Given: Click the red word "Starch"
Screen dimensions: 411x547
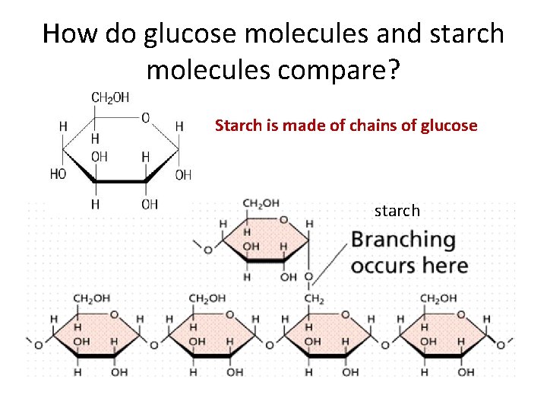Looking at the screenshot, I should pyautogui.click(x=238, y=125).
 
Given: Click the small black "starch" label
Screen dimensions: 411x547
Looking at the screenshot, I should pyautogui.click(x=397, y=210).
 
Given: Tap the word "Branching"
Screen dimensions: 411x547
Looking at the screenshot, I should pyautogui.click(x=403, y=240).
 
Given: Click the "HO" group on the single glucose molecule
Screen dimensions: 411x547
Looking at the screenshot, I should pyautogui.click(x=58, y=174).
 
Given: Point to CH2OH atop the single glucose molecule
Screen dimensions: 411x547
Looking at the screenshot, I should pyautogui.click(x=110, y=97).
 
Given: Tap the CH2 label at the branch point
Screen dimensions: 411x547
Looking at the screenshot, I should pyautogui.click(x=314, y=299).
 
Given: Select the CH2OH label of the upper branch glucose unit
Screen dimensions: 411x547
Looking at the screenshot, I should pyautogui.click(x=261, y=203).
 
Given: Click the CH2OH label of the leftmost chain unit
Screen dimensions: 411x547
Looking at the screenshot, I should pyautogui.click(x=91, y=299).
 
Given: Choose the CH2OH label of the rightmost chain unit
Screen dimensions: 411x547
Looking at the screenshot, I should pyautogui.click(x=438, y=299).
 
